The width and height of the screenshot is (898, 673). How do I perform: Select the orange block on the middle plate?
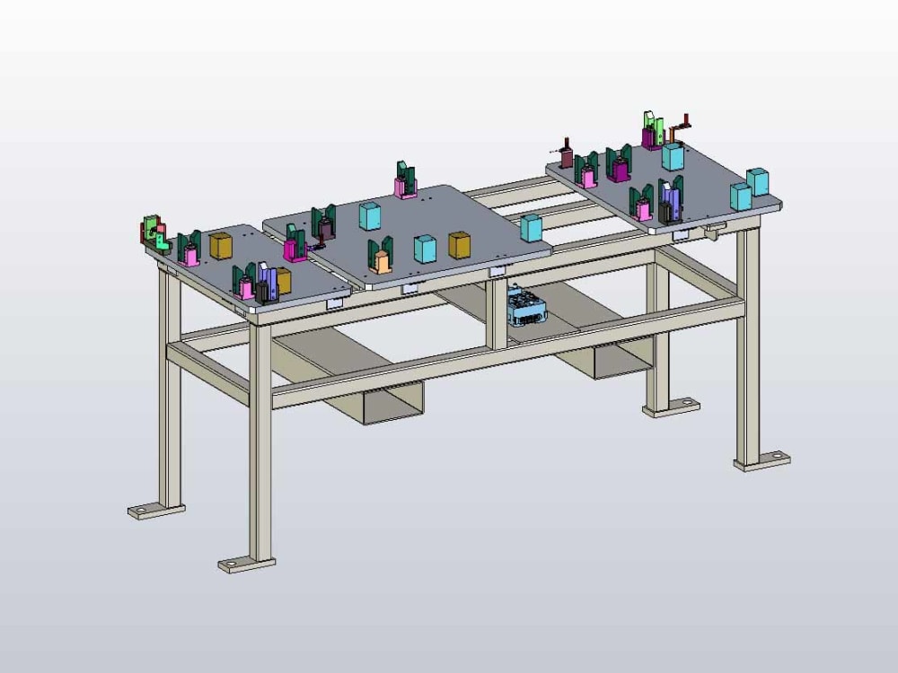(x=382, y=262)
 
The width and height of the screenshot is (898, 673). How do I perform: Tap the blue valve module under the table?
(x=526, y=307)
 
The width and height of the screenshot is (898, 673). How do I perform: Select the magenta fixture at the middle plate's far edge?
(x=405, y=185)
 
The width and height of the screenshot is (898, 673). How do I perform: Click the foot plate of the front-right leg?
(x=762, y=461)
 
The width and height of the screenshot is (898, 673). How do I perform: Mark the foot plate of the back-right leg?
(x=672, y=406)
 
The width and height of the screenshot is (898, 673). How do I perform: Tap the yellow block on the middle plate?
(x=459, y=245)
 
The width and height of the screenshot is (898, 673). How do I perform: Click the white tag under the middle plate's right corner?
(x=497, y=270)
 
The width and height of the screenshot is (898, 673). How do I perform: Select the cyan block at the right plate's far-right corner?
(x=757, y=182)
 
